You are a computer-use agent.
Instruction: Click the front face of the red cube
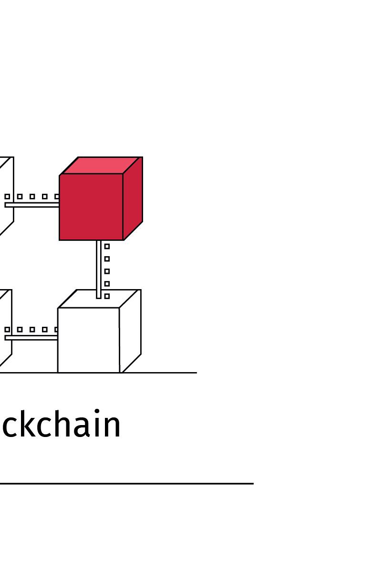pyautogui.click(x=91, y=207)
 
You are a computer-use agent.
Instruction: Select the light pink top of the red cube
pyautogui.click(x=101, y=165)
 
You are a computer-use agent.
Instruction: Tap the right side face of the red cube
pyautogui.click(x=133, y=198)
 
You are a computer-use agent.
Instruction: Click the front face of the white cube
pyautogui.click(x=88, y=340)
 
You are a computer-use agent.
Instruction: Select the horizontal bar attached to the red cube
pyautogui.click(x=31, y=205)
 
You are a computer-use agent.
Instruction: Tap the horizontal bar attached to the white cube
pyautogui.click(x=31, y=337)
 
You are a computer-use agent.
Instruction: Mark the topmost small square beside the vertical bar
pyautogui.click(x=107, y=247)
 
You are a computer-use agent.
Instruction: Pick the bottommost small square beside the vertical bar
pyautogui.click(x=107, y=296)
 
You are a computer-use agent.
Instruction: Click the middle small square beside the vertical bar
pyautogui.click(x=107, y=271)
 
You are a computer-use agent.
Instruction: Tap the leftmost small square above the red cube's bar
pyautogui.click(x=7, y=197)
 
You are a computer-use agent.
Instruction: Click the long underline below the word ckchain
pyautogui.click(x=126, y=483)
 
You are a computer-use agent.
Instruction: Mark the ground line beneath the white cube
pyautogui.click(x=162, y=373)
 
